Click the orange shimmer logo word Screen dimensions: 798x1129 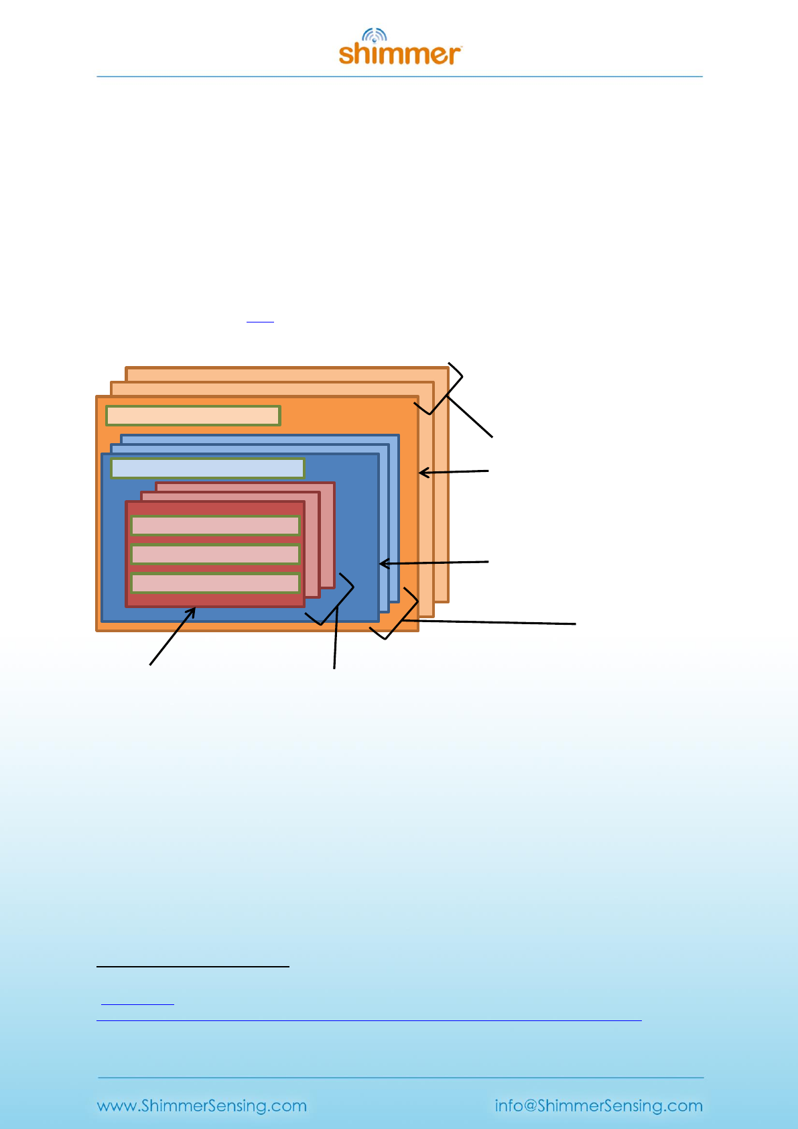(399, 54)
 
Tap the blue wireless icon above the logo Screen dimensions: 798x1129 (375, 36)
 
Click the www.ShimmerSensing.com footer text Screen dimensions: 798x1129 (202, 1106)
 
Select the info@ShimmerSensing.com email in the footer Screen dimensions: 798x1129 (598, 1106)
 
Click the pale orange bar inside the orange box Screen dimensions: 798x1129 (193, 416)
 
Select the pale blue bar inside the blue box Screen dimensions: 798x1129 (208, 468)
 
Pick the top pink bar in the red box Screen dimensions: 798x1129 (215, 526)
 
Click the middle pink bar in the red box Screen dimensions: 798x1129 (215, 554)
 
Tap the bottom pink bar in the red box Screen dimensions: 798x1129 (215, 583)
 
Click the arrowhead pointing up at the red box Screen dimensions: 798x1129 (192, 611)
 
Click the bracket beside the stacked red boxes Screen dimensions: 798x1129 (331, 599)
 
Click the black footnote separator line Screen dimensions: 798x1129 (193, 966)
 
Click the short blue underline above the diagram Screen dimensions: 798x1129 (260, 322)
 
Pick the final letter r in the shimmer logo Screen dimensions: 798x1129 (454, 56)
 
